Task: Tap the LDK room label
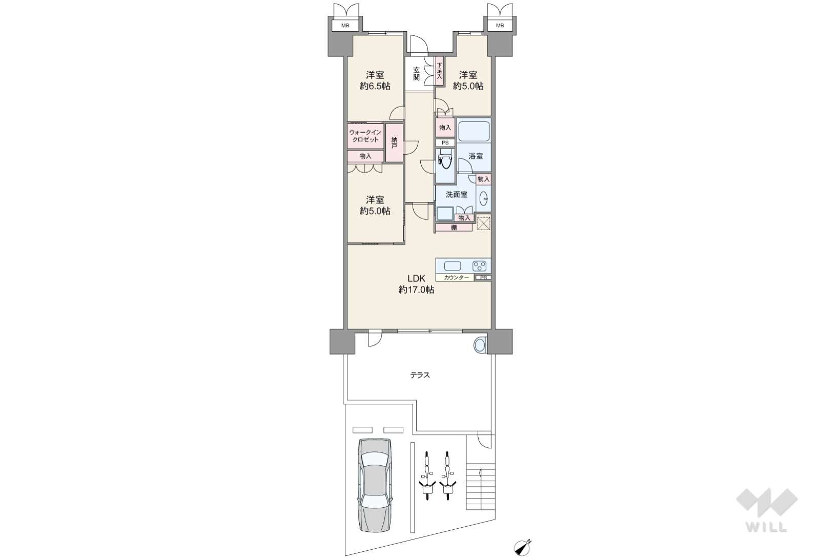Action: [416, 279]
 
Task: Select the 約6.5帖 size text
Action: [375, 86]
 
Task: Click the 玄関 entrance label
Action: [417, 73]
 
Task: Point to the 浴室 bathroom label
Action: [476, 156]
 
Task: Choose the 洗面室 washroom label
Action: [456, 195]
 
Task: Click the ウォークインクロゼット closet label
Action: [365, 136]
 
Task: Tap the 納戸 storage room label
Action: [394, 142]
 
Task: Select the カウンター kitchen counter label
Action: [456, 278]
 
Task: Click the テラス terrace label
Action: [420, 375]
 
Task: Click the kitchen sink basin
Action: [453, 266]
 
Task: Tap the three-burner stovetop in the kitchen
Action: [480, 266]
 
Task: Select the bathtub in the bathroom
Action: [474, 131]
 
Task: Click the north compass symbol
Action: [522, 548]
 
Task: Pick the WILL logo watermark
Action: [767, 510]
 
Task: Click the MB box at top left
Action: [345, 26]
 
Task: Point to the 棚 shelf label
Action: [454, 227]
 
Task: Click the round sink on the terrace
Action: [480, 345]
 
